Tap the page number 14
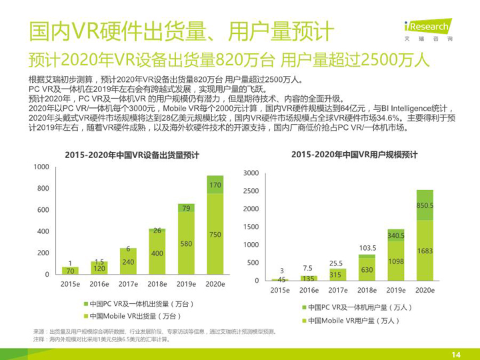point(457,354)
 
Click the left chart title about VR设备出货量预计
point(131,155)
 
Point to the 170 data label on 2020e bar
point(215,184)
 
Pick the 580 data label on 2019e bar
point(186,243)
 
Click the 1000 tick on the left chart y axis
point(41,167)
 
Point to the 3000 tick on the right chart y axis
point(251,173)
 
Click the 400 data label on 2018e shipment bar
point(157,253)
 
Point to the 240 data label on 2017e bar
point(129,262)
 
